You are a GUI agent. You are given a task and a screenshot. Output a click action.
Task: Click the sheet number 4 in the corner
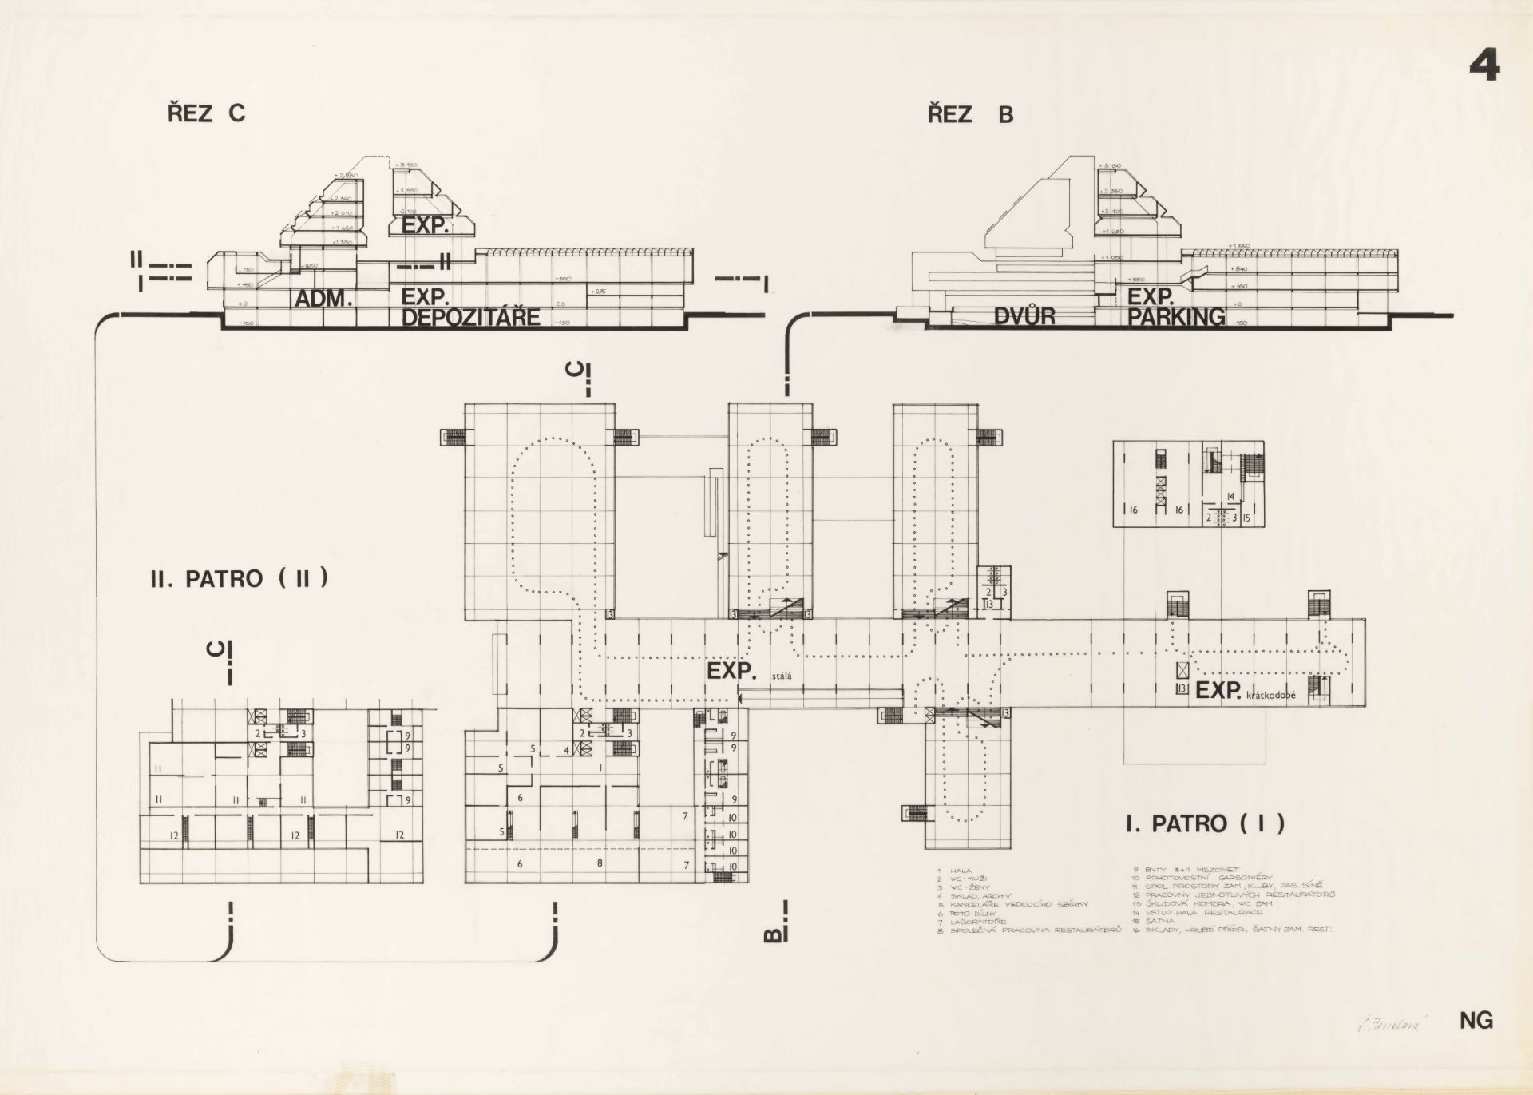tap(1484, 66)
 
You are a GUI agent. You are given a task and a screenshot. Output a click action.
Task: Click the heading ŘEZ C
tap(206, 114)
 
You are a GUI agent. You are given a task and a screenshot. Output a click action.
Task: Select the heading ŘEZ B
tap(969, 115)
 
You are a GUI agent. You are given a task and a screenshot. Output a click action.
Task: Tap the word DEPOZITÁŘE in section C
tap(470, 318)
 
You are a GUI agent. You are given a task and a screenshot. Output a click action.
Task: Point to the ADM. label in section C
tap(324, 300)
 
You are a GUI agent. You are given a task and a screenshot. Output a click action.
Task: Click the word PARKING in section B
tap(1176, 317)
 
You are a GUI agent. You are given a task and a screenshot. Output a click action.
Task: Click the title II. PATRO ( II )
tap(239, 578)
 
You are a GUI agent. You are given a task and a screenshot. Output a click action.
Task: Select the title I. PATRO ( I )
tap(1205, 823)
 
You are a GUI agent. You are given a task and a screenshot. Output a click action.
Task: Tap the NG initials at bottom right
tap(1476, 1020)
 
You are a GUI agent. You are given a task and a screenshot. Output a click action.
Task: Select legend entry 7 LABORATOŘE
tap(977, 922)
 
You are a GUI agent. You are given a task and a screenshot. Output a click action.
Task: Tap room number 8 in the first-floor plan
tap(600, 863)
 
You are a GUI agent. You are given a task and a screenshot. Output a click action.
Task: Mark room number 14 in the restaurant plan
tap(1230, 497)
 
